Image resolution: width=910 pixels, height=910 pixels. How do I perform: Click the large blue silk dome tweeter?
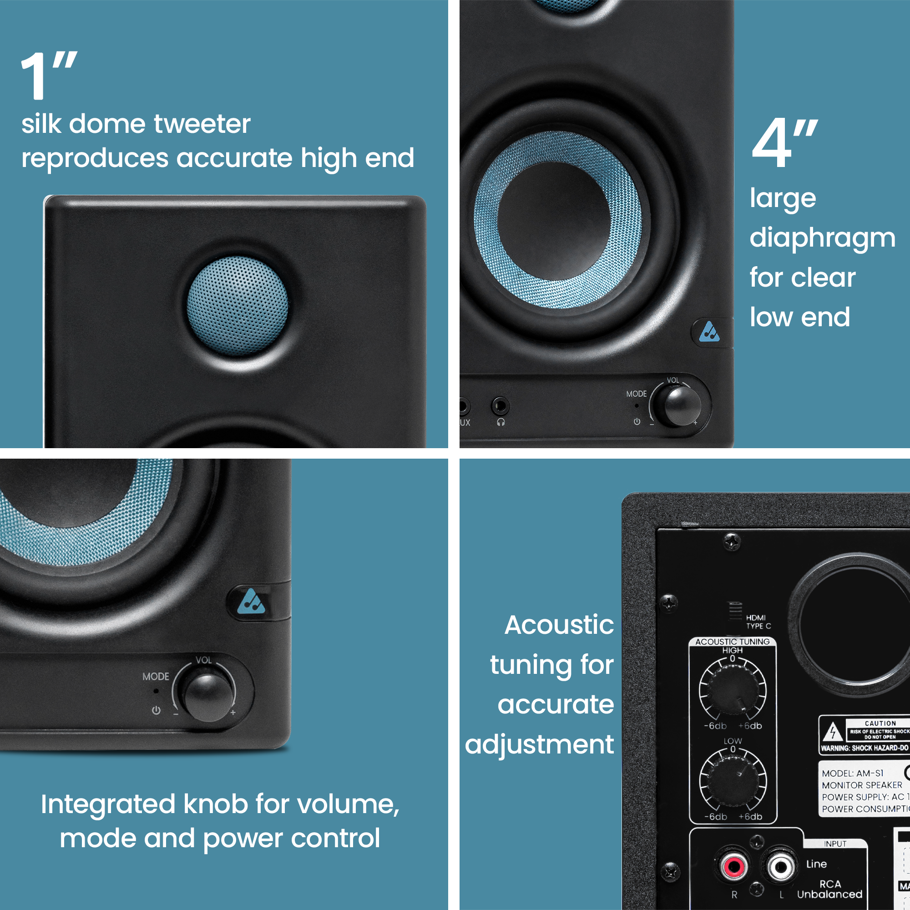tap(238, 306)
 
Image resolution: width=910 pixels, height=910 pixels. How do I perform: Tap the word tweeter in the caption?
tap(202, 124)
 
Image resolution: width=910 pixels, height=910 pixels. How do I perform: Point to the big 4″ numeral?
tap(784, 143)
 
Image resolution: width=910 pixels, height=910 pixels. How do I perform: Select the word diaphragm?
tap(822, 238)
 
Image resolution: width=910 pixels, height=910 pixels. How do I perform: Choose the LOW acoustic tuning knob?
tap(732, 780)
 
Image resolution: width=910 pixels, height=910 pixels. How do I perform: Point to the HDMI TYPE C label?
tap(758, 622)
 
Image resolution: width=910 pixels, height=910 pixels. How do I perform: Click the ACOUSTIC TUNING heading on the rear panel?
tap(732, 642)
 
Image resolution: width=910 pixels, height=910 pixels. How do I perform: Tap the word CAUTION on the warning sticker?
tap(880, 723)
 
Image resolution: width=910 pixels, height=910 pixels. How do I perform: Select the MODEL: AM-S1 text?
tap(853, 773)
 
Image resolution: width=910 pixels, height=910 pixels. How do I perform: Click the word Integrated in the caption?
tap(108, 804)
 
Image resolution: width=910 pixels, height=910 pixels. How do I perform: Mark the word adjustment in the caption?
tap(539, 745)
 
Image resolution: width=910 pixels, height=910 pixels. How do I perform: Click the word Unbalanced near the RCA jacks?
tap(829, 894)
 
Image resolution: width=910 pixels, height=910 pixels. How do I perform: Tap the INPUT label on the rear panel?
tap(835, 844)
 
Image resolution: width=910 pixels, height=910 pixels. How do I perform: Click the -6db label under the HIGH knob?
tap(715, 726)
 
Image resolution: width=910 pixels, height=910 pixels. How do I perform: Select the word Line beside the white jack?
tap(816, 864)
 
